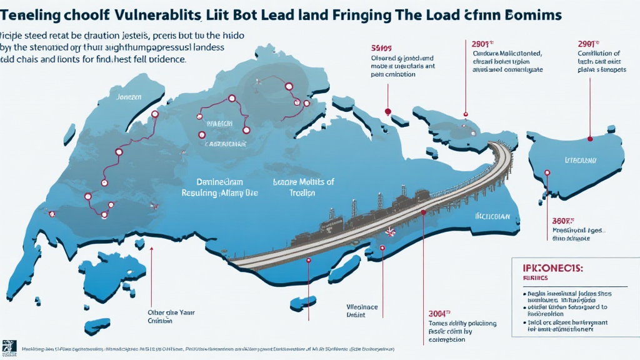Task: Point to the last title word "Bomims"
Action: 532,14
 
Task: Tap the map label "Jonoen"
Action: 129,97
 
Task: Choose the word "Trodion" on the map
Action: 302,193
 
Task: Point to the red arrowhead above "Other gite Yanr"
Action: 151,251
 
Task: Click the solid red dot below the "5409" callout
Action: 387,112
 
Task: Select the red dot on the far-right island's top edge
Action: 591,138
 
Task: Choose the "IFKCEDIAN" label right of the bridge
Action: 494,217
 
